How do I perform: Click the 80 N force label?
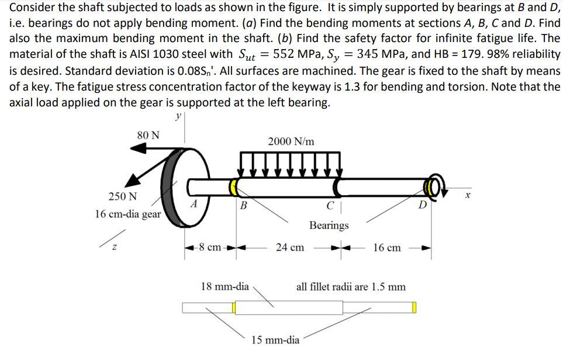pyautogui.click(x=148, y=135)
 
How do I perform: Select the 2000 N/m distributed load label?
pyautogui.click(x=291, y=142)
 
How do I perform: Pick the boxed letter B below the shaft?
pyautogui.click(x=244, y=205)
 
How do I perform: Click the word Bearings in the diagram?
pyautogui.click(x=329, y=225)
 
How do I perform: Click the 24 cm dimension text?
pyautogui.click(x=289, y=247)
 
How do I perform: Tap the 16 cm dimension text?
pyautogui.click(x=386, y=247)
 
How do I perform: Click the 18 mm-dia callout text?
pyautogui.click(x=224, y=286)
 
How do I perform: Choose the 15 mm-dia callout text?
pyautogui.click(x=275, y=339)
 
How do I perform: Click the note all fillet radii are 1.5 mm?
pyautogui.click(x=351, y=287)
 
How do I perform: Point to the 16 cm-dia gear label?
pyautogui.click(x=127, y=214)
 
